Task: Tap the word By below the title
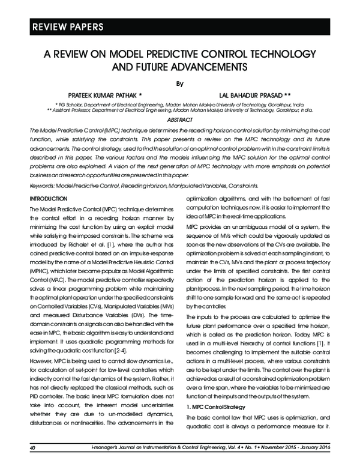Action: coord(179,82)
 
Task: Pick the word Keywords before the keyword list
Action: coord(43,185)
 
